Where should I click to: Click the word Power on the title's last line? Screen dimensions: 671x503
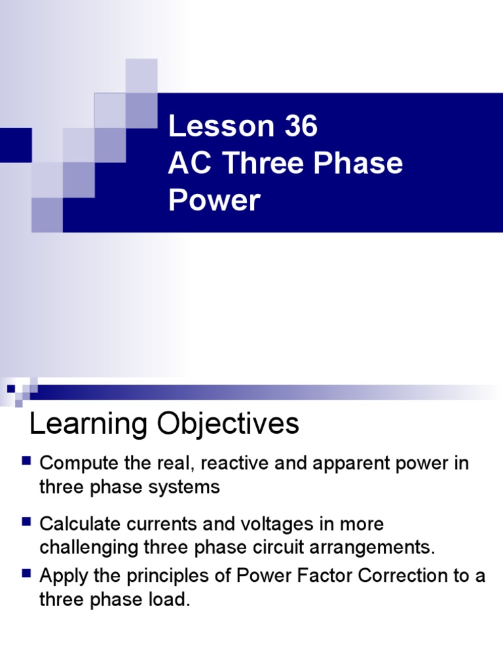pyautogui.click(x=214, y=200)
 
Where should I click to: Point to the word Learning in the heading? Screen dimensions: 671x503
pyautogui.click(x=87, y=424)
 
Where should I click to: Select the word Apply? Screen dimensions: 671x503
pyautogui.click(x=63, y=577)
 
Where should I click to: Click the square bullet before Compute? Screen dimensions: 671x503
pyautogui.click(x=27, y=461)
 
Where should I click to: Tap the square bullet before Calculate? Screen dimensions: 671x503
pyautogui.click(x=27, y=522)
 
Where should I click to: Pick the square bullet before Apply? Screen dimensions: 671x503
pyautogui.click(x=27, y=574)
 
